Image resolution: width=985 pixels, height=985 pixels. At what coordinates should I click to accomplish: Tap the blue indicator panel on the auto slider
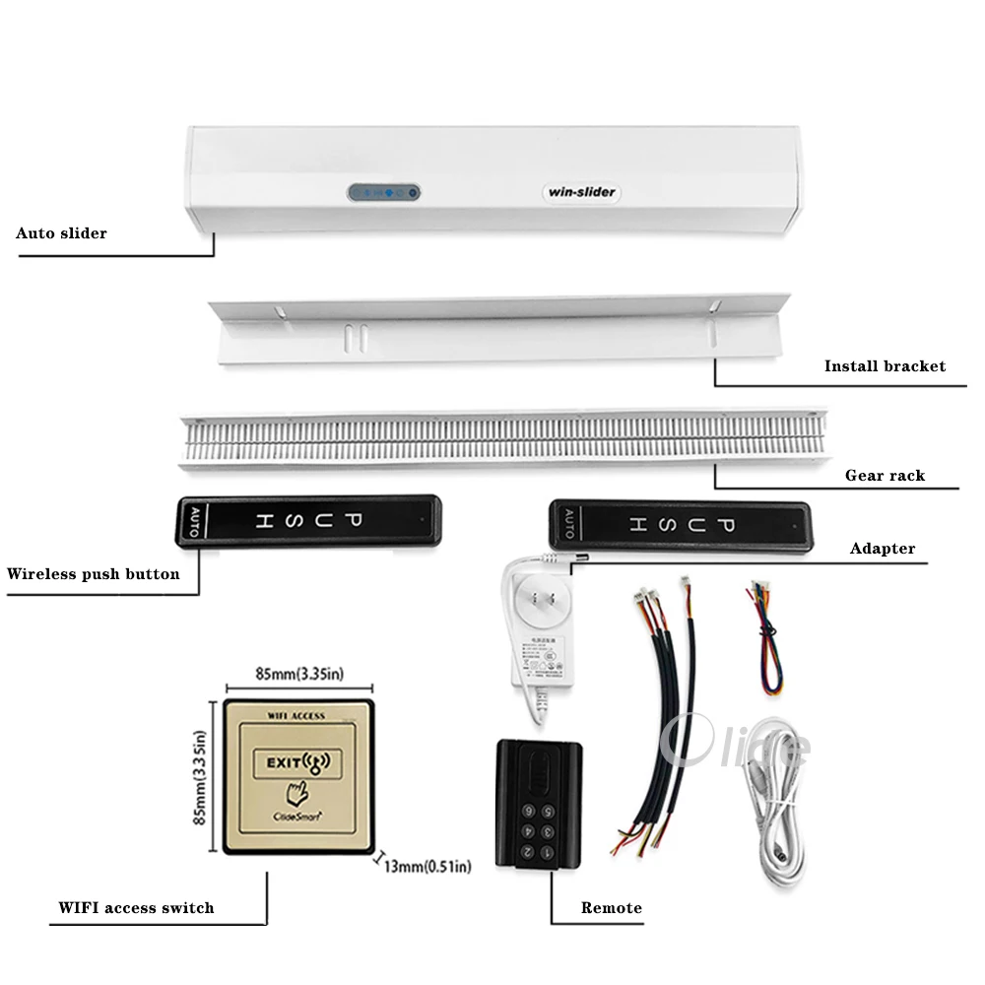tap(383, 193)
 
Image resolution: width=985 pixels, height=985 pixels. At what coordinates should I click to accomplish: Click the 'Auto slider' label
tap(61, 233)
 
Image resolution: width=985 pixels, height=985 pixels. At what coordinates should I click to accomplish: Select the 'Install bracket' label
tap(885, 366)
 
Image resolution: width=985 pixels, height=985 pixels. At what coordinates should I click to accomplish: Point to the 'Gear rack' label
tap(885, 475)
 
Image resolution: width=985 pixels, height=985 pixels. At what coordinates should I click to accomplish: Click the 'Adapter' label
tap(883, 549)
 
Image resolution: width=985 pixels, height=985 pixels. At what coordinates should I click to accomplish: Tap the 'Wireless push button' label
tap(94, 573)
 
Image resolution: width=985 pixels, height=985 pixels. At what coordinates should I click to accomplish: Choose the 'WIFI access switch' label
tap(136, 907)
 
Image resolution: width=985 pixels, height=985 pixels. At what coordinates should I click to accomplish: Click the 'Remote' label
tap(611, 907)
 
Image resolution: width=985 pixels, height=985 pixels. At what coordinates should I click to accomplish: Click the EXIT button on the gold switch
tap(294, 761)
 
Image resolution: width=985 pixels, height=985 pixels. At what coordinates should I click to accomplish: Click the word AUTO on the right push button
tap(567, 525)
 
